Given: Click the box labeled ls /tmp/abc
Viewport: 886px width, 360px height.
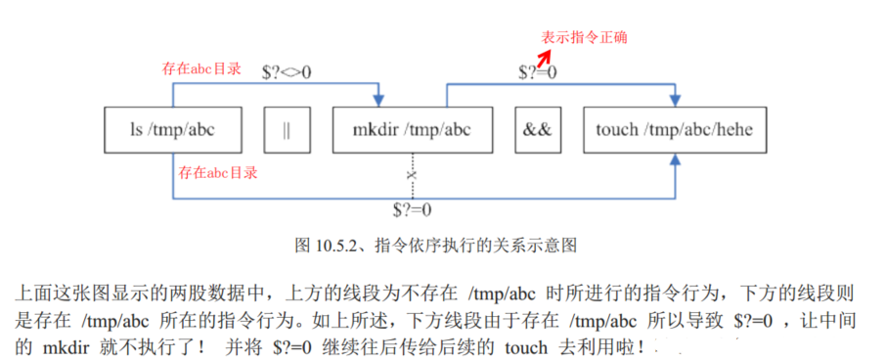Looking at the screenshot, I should point(173,130).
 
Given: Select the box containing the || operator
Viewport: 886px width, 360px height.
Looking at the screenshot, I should point(285,130).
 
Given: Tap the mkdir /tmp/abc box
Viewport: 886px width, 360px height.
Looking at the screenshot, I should point(410,130).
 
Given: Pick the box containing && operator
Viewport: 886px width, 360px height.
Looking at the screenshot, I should point(537,130).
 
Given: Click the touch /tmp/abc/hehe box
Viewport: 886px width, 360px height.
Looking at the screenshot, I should point(675,130).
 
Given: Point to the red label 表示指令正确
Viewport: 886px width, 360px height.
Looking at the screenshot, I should point(585,37).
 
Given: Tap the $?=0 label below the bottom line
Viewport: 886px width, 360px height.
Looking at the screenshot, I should point(411,209).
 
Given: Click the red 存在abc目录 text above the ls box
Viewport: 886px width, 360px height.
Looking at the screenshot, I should point(200,69).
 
